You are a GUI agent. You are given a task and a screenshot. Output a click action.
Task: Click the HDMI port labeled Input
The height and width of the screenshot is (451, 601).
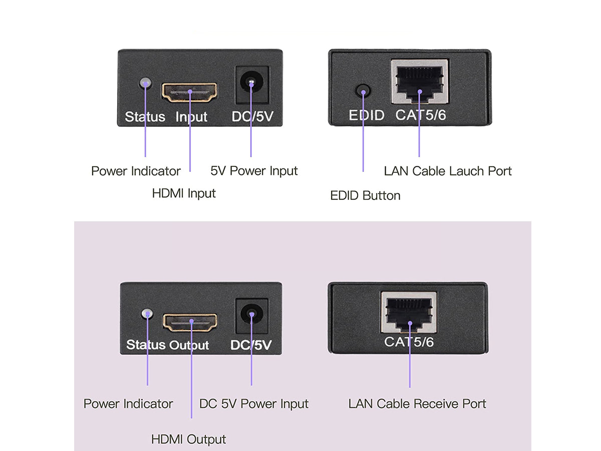pyautogui.click(x=189, y=92)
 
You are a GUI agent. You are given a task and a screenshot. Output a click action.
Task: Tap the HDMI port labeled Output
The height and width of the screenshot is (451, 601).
pyautogui.click(x=190, y=322)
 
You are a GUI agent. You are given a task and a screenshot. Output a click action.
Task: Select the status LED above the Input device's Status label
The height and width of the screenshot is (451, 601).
pyautogui.click(x=145, y=83)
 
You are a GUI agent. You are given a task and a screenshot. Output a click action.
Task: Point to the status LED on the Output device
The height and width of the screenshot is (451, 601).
pyautogui.click(x=147, y=314)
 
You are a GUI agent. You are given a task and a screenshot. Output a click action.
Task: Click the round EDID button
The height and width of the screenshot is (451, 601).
pyautogui.click(x=363, y=91)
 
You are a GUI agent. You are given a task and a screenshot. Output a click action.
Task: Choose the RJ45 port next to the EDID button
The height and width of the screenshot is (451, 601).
pyautogui.click(x=420, y=82)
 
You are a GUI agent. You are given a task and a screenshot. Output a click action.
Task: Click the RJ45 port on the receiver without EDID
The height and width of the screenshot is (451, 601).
pyautogui.click(x=409, y=312)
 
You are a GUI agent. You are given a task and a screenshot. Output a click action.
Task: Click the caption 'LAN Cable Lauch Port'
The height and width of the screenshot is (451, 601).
pyautogui.click(x=448, y=171)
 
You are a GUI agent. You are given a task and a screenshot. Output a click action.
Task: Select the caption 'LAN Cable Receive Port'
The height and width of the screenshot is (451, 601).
pyautogui.click(x=417, y=404)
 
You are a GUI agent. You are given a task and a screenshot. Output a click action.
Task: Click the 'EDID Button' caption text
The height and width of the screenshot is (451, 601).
pyautogui.click(x=365, y=195)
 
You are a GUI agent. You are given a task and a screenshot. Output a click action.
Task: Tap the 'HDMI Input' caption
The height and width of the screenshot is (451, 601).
pyautogui.click(x=184, y=193)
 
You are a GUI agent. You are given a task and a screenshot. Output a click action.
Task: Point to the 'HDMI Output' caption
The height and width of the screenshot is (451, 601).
pyautogui.click(x=188, y=440)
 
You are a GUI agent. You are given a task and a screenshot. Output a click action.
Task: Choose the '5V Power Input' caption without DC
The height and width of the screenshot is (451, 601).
pyautogui.click(x=254, y=171)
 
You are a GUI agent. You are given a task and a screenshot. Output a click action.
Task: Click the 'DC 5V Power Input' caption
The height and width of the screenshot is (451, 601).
pyautogui.click(x=254, y=404)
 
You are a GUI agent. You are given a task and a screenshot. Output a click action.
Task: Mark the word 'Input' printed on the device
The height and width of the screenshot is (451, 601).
pyautogui.click(x=191, y=117)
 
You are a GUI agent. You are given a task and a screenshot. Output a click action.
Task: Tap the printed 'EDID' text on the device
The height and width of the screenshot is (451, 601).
pyautogui.click(x=367, y=115)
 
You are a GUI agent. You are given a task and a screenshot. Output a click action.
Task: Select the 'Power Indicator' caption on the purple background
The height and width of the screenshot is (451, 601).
pyautogui.click(x=128, y=404)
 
